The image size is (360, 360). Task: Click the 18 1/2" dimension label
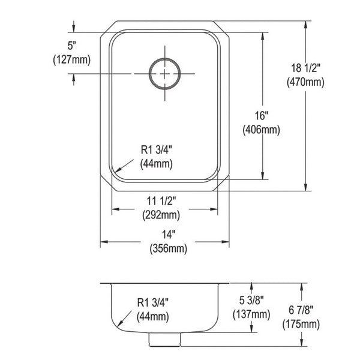pyautogui.click(x=305, y=68)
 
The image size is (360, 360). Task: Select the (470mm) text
pyautogui.click(x=305, y=82)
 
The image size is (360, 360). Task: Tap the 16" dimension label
pyautogui.click(x=262, y=115)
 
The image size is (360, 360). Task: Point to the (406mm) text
pyautogui.click(x=261, y=130)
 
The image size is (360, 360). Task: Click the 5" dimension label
pyautogui.click(x=71, y=46)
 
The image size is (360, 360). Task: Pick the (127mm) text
pyautogui.click(x=72, y=60)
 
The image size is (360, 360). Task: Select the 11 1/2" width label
pyautogui.click(x=161, y=201)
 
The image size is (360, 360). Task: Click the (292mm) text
pyautogui.click(x=161, y=215)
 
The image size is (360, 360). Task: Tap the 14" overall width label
pyautogui.click(x=169, y=235)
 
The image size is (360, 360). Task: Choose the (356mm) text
pyautogui.click(x=168, y=248)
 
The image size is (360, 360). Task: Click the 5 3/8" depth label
pyautogui.click(x=251, y=300)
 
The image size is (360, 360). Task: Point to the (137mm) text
pyautogui.click(x=251, y=314)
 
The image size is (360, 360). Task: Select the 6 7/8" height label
pyautogui.click(x=301, y=310)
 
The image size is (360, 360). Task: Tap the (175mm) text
pyautogui.click(x=301, y=325)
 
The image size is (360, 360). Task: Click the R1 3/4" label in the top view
pyautogui.click(x=157, y=150)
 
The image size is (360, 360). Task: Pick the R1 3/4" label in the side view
pyautogui.click(x=152, y=302)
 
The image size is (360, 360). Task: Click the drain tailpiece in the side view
pyautogui.click(x=164, y=340)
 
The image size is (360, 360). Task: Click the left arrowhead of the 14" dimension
pyautogui.click(x=104, y=242)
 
